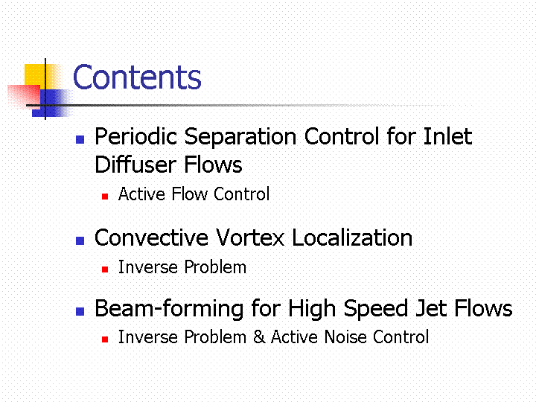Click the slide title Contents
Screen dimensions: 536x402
click(137, 77)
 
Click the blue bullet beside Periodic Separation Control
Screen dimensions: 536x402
click(80, 139)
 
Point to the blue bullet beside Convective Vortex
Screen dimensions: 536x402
click(80, 240)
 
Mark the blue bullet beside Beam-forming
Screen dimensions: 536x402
click(80, 311)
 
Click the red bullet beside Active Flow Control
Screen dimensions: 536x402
click(105, 197)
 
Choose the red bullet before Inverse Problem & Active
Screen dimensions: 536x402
click(105, 339)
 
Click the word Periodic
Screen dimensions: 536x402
click(135, 136)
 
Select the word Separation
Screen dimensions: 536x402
click(240, 138)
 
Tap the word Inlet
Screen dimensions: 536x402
click(447, 136)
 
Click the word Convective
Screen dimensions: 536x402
click(151, 237)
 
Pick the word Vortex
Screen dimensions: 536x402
click(250, 237)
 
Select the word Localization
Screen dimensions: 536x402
click(352, 237)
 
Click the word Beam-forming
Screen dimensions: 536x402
click(170, 309)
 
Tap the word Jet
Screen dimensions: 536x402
click(431, 308)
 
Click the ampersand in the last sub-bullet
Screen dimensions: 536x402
click(260, 336)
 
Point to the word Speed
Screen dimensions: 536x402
click(376, 309)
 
